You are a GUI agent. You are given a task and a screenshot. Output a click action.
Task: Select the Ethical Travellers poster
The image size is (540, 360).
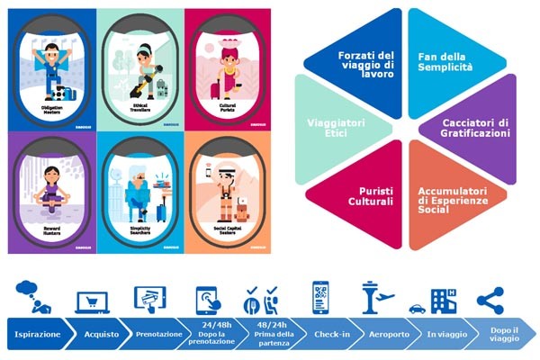139,68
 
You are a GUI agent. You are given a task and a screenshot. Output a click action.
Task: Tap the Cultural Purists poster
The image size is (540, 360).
225,68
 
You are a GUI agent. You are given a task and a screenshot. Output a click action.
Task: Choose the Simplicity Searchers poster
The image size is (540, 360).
139,193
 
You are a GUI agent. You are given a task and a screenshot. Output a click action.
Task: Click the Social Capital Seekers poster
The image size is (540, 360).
225,193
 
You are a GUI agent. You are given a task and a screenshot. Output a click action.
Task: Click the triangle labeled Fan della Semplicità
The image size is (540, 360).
445,63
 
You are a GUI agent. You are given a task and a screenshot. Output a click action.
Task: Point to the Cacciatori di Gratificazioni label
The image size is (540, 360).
476,127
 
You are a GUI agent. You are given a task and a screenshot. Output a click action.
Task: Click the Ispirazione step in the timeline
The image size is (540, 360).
38,335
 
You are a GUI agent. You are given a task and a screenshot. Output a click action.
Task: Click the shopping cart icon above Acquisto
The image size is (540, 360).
93,301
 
